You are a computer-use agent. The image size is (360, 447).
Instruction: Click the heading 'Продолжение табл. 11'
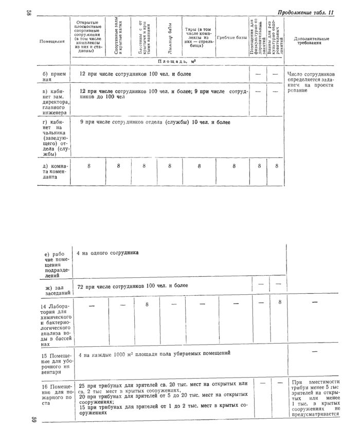pos(306,12)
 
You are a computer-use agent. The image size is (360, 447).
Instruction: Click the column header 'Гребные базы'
pos(231,38)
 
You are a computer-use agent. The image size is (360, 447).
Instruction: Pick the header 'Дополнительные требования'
pos(310,41)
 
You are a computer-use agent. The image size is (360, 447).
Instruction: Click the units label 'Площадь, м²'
pos(177,61)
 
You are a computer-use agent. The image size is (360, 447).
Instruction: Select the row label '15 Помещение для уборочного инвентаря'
pos(57,365)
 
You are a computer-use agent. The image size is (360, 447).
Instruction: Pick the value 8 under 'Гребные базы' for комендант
pos(233,166)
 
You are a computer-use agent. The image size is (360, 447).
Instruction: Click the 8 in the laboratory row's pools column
pos(146,305)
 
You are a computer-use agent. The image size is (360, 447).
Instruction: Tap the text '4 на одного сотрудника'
pos(108,253)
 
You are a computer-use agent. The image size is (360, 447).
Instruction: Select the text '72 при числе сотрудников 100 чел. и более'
pos(133,285)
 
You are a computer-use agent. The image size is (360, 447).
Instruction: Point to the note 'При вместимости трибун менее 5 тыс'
pos(315,398)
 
